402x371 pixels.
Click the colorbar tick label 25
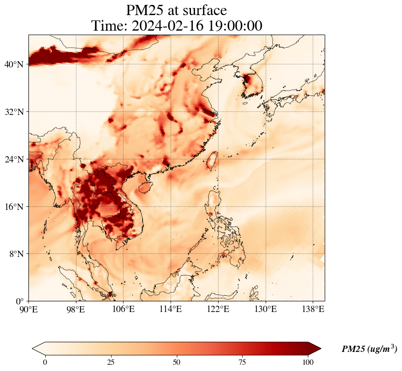111,362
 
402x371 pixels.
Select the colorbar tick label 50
177,362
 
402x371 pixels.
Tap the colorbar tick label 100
308,362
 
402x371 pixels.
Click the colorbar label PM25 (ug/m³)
369,349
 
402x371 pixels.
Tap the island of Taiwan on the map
212,161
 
